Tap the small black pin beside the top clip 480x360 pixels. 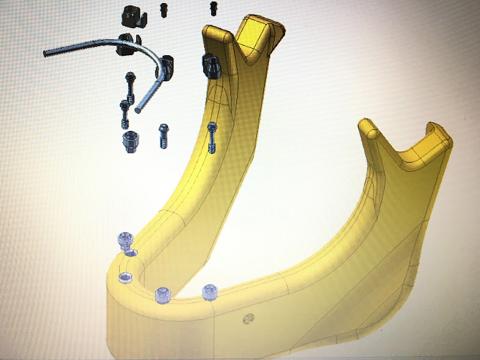(x=163, y=8)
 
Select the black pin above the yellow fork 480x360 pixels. (x=213, y=8)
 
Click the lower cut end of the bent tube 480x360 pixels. (x=139, y=110)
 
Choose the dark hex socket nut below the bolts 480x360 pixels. (x=130, y=142)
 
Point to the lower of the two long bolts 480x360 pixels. (x=124, y=113)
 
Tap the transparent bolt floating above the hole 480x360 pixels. (x=124, y=241)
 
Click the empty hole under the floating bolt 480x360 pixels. (x=131, y=253)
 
